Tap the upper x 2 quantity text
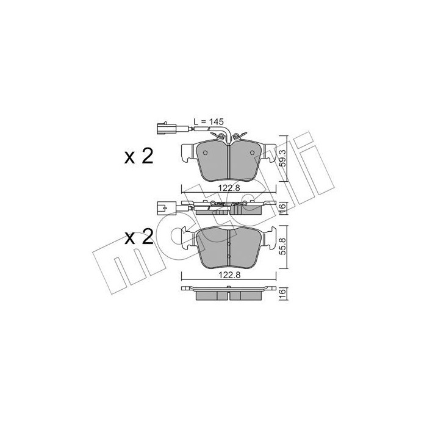138,157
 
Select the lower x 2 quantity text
138,237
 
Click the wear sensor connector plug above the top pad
161,129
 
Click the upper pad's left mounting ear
188,152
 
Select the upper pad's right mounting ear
269,152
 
